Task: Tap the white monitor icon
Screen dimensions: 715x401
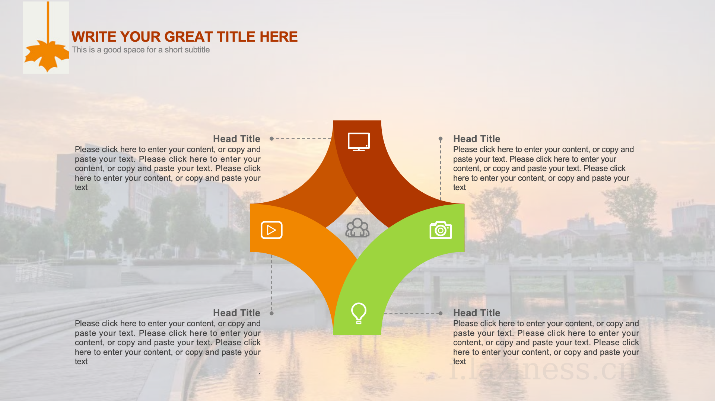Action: (x=359, y=142)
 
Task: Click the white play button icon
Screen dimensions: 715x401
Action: (x=271, y=230)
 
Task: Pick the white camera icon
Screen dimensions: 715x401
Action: (x=441, y=230)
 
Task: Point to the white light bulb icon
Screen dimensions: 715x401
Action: (x=359, y=313)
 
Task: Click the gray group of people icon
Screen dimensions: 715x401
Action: (x=357, y=228)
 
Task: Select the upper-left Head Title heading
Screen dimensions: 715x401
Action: (x=236, y=139)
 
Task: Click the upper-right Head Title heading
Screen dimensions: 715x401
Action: (x=477, y=139)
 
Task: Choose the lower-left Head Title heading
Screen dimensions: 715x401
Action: (x=236, y=313)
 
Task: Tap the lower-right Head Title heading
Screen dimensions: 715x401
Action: (x=477, y=313)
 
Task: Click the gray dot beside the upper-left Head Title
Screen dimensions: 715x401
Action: (x=272, y=139)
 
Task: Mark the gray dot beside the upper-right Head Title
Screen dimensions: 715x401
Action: (x=441, y=139)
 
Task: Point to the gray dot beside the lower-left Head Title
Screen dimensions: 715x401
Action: (x=272, y=313)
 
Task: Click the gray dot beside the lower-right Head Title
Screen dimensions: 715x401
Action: (x=441, y=313)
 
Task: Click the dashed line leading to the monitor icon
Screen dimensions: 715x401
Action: (x=303, y=139)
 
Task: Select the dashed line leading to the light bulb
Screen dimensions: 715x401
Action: (x=411, y=313)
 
